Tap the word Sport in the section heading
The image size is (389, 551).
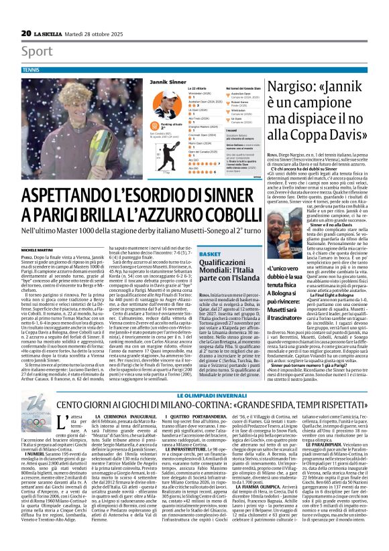pos(36,51)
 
